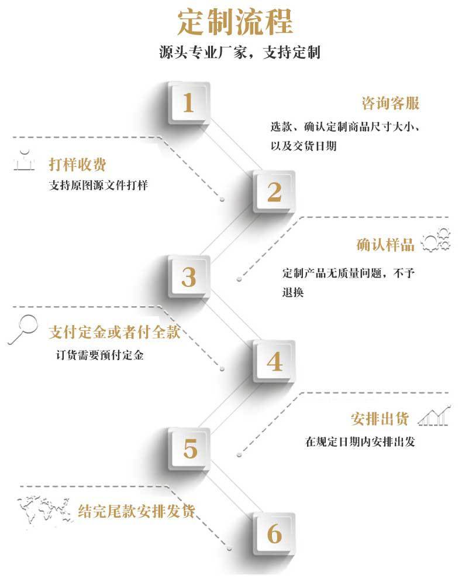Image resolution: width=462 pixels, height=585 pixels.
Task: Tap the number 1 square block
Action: (x=188, y=103)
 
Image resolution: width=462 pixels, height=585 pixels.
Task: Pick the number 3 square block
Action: (x=188, y=277)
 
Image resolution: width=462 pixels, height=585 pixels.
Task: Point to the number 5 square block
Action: (x=190, y=449)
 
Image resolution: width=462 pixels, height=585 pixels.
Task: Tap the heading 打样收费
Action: (x=77, y=165)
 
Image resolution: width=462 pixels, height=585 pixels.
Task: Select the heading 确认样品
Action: (x=385, y=244)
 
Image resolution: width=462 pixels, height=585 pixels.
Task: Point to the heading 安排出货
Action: (x=380, y=419)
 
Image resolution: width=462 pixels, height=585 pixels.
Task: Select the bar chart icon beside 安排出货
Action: (x=435, y=415)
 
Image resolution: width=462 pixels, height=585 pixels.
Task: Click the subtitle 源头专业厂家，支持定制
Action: (x=239, y=53)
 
